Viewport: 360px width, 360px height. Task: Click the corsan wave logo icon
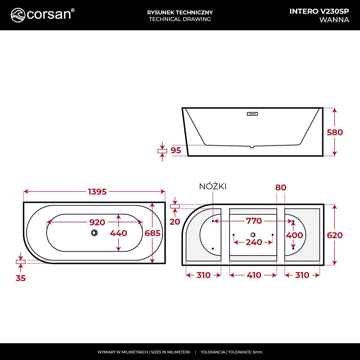[18, 15]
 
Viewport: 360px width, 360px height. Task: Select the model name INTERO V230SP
[319, 11]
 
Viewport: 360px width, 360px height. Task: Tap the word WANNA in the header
[334, 20]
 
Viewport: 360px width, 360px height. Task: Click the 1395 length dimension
[97, 192]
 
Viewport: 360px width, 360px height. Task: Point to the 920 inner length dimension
[97, 222]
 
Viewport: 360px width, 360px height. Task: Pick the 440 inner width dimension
[118, 233]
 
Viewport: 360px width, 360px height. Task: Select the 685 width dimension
[152, 233]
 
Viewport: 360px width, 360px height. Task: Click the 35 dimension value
[21, 278]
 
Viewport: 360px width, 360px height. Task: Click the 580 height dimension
[334, 132]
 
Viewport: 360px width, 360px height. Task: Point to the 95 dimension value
[176, 150]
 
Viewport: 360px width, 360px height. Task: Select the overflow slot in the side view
[252, 114]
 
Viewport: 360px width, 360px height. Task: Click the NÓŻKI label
[213, 187]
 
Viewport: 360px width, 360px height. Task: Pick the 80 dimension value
[281, 187]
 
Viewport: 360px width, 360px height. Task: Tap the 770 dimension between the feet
[254, 221]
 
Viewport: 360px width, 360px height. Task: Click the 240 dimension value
[254, 242]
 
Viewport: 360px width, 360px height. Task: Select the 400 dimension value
[294, 235]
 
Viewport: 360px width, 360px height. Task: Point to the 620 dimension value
[334, 235]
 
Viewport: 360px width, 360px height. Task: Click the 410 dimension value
[254, 275]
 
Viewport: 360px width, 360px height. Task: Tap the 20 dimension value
[175, 222]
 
